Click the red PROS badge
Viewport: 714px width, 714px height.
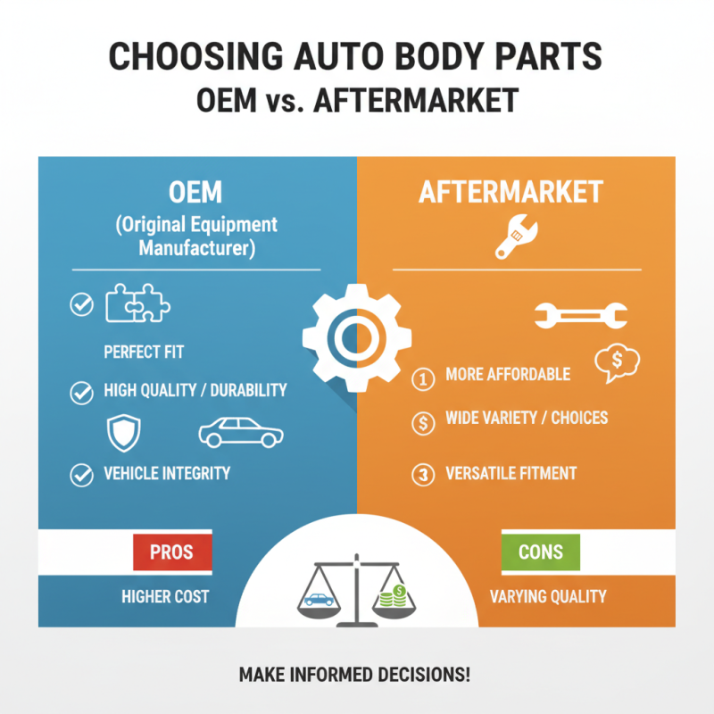(171, 552)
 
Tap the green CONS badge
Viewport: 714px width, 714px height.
(541, 552)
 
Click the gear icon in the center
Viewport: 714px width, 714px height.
(357, 337)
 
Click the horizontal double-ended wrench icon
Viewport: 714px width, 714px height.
(580, 314)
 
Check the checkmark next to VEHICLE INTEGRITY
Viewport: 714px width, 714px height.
(81, 475)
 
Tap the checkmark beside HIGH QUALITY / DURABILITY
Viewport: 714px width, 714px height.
(81, 391)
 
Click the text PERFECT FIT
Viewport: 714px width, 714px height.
(143, 352)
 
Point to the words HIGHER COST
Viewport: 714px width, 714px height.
(164, 596)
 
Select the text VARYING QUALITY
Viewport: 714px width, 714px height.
(548, 596)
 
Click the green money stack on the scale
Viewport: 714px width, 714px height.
(391, 595)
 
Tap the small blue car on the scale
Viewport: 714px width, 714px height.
(319, 599)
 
